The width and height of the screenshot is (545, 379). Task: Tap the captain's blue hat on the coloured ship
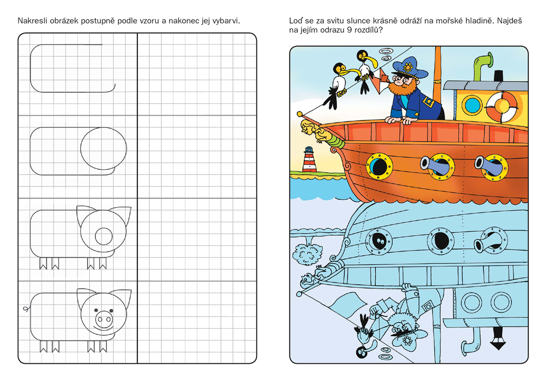(x=410, y=67)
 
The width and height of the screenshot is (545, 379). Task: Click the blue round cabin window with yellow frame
(x=472, y=104)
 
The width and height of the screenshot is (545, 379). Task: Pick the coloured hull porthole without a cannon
(x=379, y=166)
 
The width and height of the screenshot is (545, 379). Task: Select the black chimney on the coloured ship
(x=499, y=76)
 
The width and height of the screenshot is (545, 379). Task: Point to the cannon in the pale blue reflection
(x=486, y=242)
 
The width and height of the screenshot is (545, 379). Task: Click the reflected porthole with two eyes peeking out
(x=379, y=241)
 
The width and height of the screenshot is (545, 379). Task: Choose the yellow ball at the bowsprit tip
(x=299, y=114)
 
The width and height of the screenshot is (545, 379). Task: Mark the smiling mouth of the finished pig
(x=104, y=327)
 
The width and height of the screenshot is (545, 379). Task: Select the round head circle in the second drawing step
(x=104, y=148)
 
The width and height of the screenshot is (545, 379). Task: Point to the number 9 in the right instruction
(x=349, y=30)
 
